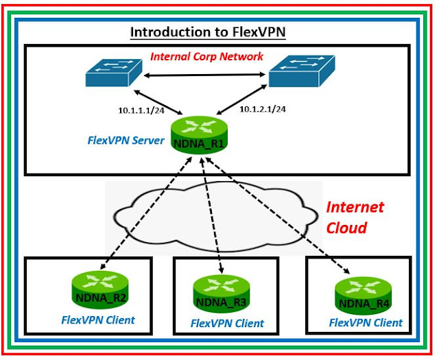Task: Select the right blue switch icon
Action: (302, 71)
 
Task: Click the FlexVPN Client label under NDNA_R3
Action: (227, 323)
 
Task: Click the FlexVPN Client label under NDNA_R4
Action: (366, 322)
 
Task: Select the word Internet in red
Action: (354, 207)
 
